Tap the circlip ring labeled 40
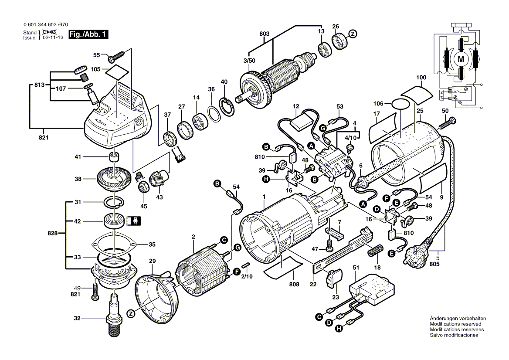(226, 106)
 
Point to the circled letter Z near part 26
(353, 33)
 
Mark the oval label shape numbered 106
(401, 104)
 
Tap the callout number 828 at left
(52, 234)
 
